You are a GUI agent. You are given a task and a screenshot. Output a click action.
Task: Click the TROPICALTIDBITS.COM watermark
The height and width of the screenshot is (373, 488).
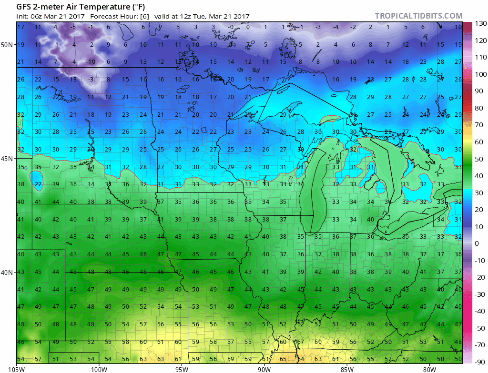[418, 16]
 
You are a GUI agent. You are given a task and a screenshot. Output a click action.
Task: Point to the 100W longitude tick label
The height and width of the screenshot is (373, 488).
[99, 368]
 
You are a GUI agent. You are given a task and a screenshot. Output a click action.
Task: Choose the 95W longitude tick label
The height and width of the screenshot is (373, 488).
[182, 368]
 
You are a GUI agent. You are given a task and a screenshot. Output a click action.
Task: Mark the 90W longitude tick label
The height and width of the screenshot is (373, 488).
[264, 368]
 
